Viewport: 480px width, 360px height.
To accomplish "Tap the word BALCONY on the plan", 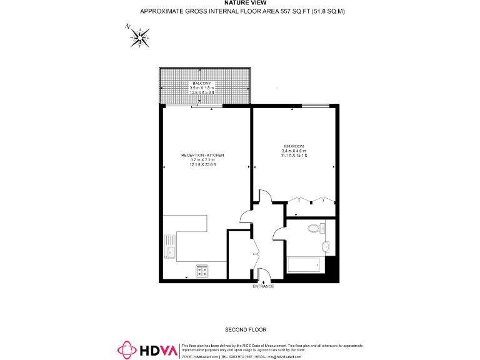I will point(201,83).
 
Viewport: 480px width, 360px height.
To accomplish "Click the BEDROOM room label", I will point(294,146).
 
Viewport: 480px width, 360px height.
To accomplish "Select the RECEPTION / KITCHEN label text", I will point(202,154).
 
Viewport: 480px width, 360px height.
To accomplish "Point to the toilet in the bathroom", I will point(313,229).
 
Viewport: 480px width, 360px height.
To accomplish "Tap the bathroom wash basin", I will point(324,246).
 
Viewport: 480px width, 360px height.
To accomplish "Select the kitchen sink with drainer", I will point(170,246).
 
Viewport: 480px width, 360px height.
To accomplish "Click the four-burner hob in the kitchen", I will point(202,271).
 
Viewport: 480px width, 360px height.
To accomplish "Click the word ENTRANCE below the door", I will point(263,286).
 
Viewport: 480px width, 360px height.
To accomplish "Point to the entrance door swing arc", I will point(264,274).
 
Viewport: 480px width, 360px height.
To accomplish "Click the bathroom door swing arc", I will point(279,233).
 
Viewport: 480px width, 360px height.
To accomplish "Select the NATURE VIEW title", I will point(241,3).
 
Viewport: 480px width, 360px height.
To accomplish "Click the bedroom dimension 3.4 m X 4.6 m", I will point(294,151).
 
